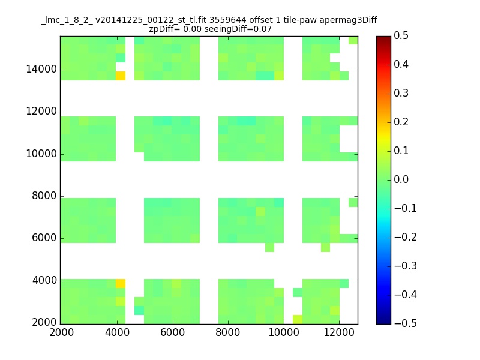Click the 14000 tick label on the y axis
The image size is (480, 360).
pyautogui.click(x=41, y=69)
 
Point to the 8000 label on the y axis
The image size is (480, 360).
pyautogui.click(x=44, y=196)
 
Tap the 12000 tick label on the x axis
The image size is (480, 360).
pyautogui.click(x=339, y=332)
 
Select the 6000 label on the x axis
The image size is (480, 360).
pyautogui.click(x=173, y=332)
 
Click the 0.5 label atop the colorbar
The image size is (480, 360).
pyautogui.click(x=401, y=35)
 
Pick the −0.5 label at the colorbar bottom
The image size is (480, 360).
pyautogui.click(x=406, y=323)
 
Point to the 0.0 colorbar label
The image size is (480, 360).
pyautogui.click(x=401, y=179)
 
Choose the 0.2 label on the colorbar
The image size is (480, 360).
pyautogui.click(x=401, y=122)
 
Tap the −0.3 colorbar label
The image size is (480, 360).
pyautogui.click(x=406, y=266)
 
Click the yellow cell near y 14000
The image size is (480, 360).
pyautogui.click(x=121, y=76)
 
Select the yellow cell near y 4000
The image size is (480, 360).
pyautogui.click(x=121, y=283)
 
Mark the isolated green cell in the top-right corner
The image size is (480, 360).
pyautogui.click(x=353, y=40)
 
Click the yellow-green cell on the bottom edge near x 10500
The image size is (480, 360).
pyautogui.click(x=298, y=319)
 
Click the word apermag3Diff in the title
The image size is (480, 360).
pyautogui.click(x=348, y=20)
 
